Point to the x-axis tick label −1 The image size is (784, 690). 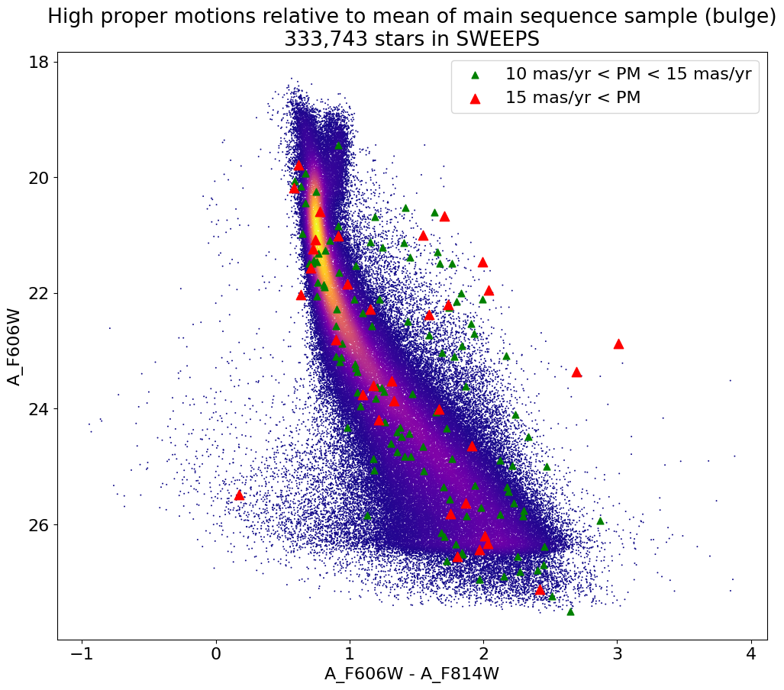click(82, 655)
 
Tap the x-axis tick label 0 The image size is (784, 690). click(216, 655)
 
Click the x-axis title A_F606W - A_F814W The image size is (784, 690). click(411, 674)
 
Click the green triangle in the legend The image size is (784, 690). click(476, 75)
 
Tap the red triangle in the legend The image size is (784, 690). click(476, 98)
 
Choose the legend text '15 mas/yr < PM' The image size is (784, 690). click(573, 98)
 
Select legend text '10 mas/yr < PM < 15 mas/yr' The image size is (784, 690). click(628, 75)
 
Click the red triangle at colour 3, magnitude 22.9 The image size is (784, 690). click(618, 344)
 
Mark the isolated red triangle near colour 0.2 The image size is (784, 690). click(239, 495)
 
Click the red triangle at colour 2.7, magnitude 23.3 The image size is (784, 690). click(576, 372)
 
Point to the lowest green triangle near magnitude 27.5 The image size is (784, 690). click(570, 611)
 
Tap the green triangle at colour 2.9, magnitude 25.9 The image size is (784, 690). click(600, 521)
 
